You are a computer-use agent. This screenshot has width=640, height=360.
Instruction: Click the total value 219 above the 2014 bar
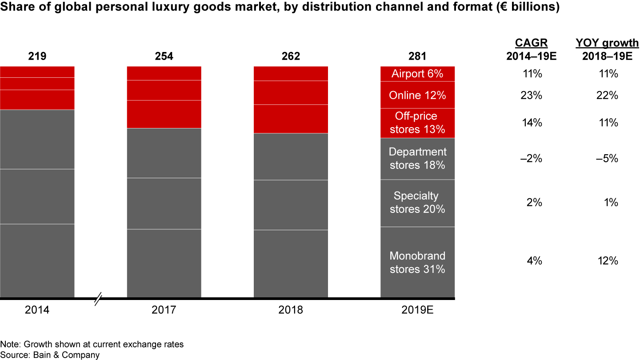pos(37,56)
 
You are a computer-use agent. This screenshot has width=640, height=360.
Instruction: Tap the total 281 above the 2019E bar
pos(417,56)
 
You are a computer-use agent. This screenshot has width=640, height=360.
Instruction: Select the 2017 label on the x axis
pos(164,310)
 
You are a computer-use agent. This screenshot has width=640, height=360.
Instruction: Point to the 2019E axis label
pos(417,310)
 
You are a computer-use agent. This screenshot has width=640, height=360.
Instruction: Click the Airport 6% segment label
pos(417,74)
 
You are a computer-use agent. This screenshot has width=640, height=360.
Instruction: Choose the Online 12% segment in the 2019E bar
pos(417,95)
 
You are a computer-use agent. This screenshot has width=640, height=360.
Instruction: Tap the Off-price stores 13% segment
pos(417,123)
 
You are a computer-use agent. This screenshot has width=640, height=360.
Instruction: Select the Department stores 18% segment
pos(417,159)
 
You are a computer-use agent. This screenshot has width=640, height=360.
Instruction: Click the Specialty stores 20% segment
pos(417,203)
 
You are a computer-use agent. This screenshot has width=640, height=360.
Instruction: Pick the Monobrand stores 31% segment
pos(417,262)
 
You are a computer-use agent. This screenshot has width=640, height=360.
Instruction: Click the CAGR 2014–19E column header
pos(532,49)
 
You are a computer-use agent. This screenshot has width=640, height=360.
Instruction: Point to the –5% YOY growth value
pos(608,159)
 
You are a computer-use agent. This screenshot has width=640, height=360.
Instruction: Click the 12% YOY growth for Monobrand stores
pos(608,261)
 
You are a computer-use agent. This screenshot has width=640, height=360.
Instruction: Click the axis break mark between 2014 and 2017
pos(100,298)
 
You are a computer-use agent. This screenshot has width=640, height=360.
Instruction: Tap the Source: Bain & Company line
pos(50,355)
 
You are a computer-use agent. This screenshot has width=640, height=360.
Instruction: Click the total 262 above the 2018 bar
pos(291,56)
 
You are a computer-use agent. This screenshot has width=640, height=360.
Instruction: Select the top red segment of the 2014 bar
pos(37,72)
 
